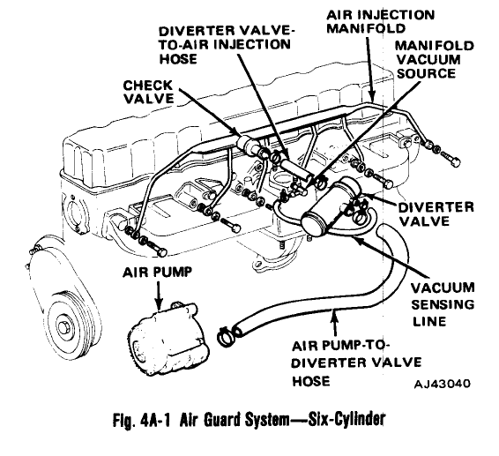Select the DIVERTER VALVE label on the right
pyautogui.click(x=437, y=214)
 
